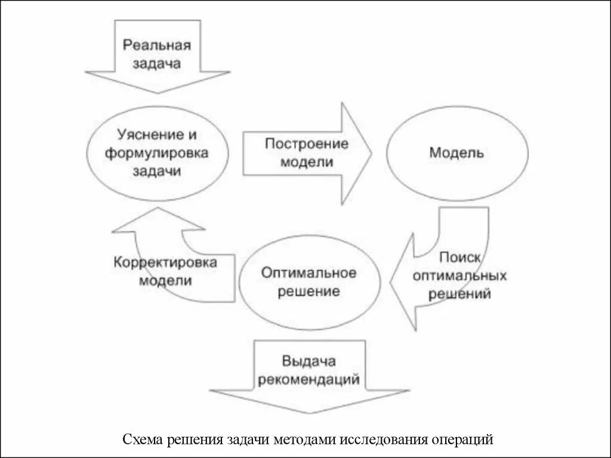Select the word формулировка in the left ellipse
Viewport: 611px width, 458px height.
157,153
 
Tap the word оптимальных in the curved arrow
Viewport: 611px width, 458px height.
459,276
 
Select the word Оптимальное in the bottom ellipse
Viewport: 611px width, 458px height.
309,273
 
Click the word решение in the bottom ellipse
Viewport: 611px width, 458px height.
309,292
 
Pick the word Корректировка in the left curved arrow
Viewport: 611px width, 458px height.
166,262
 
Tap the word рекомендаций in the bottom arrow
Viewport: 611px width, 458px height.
309,379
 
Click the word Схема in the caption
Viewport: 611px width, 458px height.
144,440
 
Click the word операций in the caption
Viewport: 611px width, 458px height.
461,440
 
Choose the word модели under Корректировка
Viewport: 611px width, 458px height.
166,281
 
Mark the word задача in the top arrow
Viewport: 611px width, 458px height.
158,63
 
